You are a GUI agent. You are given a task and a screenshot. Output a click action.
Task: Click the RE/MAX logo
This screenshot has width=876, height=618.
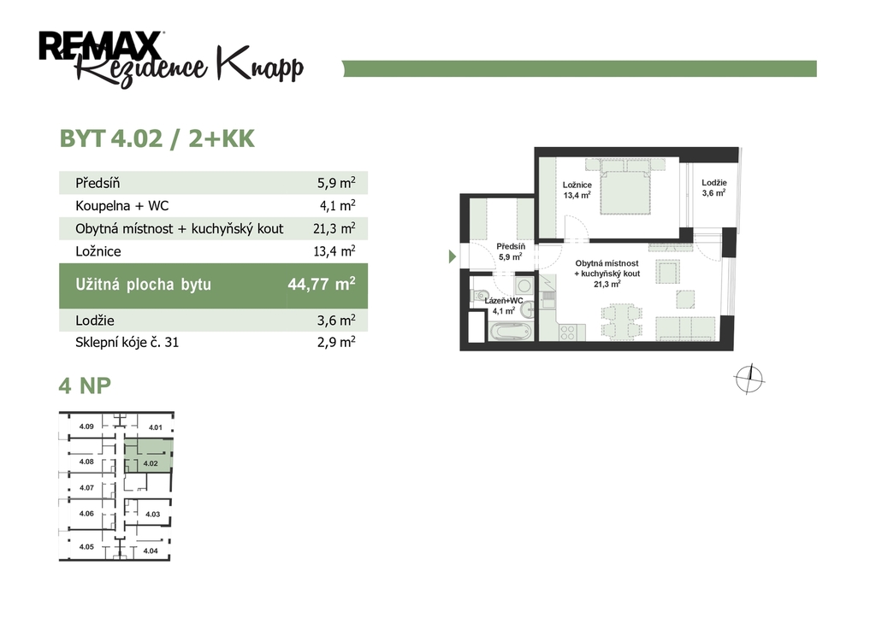click(101, 45)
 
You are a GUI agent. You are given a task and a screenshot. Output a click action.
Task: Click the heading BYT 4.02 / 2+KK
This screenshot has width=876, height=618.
click(157, 138)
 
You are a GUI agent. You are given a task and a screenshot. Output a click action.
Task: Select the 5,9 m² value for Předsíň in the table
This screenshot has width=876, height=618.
click(336, 183)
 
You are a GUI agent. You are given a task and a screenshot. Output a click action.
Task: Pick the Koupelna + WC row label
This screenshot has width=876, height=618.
click(121, 206)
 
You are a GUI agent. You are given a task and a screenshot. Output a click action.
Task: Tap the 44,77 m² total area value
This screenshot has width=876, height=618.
click(322, 284)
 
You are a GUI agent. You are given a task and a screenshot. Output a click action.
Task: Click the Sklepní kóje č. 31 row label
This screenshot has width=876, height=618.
click(127, 342)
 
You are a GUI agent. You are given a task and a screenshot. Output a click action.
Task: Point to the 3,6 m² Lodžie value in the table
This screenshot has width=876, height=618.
click(336, 320)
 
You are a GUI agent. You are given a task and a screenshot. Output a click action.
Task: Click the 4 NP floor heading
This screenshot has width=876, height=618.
click(85, 386)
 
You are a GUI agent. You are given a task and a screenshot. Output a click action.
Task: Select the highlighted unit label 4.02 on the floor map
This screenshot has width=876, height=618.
click(151, 463)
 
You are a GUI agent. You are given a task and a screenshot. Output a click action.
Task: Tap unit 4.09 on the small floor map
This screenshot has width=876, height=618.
click(86, 427)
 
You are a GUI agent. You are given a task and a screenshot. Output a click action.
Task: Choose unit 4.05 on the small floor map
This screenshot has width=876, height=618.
click(86, 547)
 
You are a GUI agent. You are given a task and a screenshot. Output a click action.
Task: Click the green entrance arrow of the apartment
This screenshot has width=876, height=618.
click(453, 256)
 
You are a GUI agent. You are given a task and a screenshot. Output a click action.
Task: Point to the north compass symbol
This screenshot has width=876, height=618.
click(749, 379)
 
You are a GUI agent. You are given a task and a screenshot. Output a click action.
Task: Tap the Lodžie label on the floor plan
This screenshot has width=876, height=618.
click(714, 183)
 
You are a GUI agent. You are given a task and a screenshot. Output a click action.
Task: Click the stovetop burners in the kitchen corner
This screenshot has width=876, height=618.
click(568, 333)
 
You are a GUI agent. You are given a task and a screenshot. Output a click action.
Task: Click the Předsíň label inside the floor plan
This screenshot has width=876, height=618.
click(511, 246)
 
